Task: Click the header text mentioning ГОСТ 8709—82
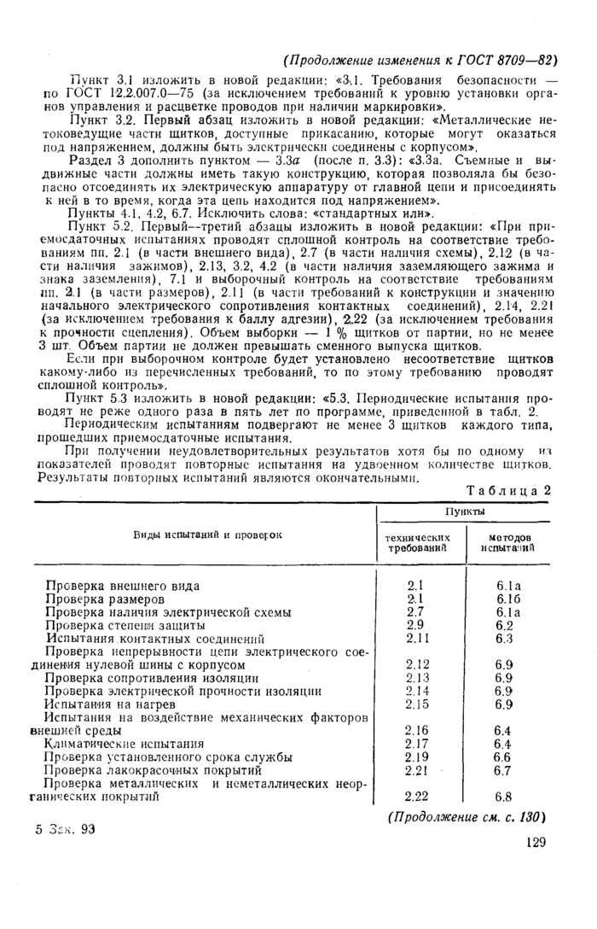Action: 420,60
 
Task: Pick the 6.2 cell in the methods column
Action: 503,625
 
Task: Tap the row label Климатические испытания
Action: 125,744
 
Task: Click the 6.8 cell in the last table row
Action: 503,798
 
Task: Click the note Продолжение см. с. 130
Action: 467,817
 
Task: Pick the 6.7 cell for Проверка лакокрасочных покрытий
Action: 503,770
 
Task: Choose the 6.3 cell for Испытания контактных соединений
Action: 503,638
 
